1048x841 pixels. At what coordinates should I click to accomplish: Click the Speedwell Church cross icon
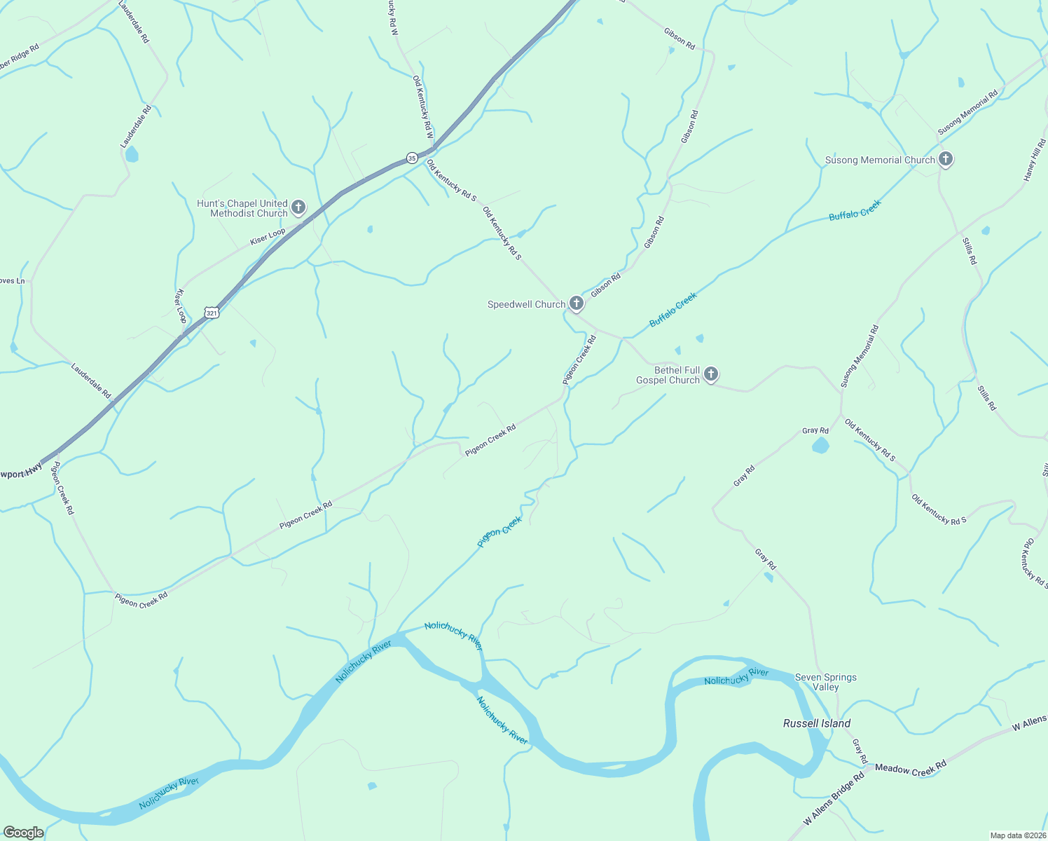pyautogui.click(x=576, y=303)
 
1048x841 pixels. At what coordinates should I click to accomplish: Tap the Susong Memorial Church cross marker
pyautogui.click(x=946, y=159)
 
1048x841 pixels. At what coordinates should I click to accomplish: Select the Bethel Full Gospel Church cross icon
pyautogui.click(x=711, y=374)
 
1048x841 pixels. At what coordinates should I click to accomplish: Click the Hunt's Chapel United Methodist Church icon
pyautogui.click(x=298, y=207)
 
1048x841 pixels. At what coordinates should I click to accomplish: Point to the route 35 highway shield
pyautogui.click(x=412, y=158)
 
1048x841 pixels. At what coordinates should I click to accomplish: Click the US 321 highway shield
pyautogui.click(x=212, y=313)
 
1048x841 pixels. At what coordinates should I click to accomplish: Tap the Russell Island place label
pyautogui.click(x=817, y=723)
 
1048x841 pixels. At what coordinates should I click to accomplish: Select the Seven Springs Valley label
pyautogui.click(x=826, y=682)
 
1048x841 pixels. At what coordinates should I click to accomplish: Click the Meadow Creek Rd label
pyautogui.click(x=911, y=769)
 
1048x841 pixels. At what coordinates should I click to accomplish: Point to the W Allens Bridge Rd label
pyautogui.click(x=834, y=800)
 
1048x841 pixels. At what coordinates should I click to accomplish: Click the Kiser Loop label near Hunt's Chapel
pyautogui.click(x=268, y=237)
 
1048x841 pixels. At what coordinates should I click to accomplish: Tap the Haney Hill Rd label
pyautogui.click(x=1035, y=160)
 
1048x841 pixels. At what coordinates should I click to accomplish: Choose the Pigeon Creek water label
pyautogui.click(x=499, y=532)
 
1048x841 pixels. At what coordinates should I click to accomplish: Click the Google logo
pyautogui.click(x=23, y=833)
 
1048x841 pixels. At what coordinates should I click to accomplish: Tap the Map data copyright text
pyautogui.click(x=1017, y=835)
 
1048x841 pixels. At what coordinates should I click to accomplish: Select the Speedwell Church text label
pyautogui.click(x=526, y=304)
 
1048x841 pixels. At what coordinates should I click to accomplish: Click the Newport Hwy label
pyautogui.click(x=21, y=473)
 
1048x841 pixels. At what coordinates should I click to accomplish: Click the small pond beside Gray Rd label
pyautogui.click(x=820, y=445)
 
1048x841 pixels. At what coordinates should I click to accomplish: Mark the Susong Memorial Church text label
pyautogui.click(x=880, y=160)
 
